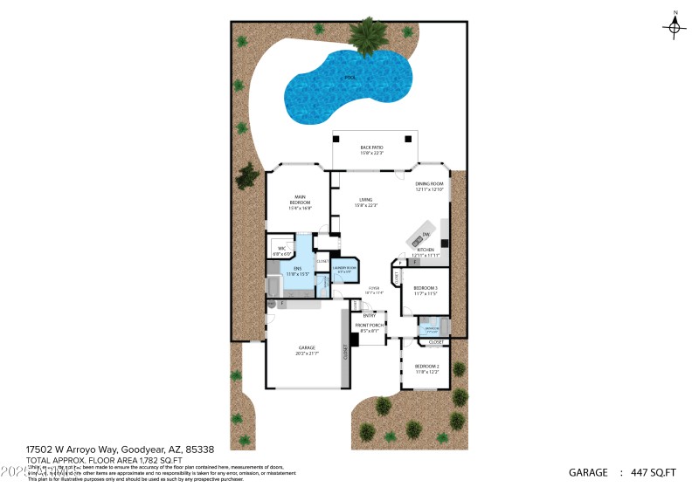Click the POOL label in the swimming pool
point(349,78)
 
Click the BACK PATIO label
point(373,148)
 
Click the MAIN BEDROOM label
point(300,198)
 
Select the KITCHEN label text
point(426,250)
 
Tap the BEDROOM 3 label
point(426,288)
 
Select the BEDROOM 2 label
point(426,367)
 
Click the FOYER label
point(374,287)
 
